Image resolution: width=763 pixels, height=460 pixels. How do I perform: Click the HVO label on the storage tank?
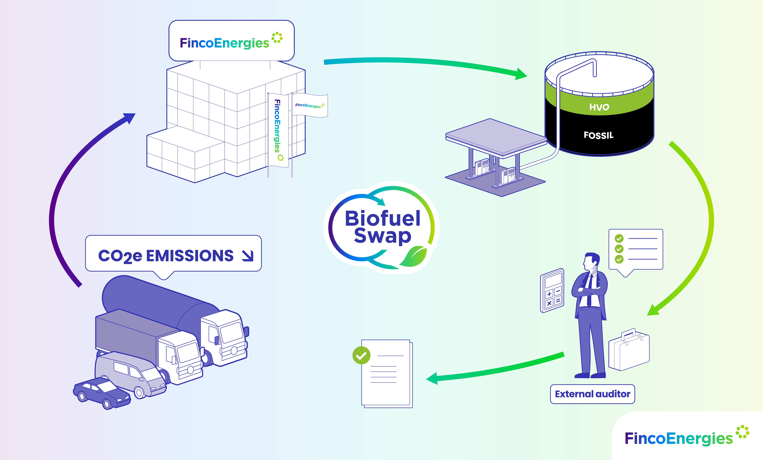pos(599,107)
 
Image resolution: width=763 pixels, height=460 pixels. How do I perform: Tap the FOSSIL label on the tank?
pos(598,135)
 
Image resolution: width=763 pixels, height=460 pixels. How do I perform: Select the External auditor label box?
pos(592,394)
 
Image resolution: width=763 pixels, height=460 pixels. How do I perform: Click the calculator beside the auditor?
pos(552,290)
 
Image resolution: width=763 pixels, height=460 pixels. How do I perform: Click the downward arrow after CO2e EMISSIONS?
pos(248,256)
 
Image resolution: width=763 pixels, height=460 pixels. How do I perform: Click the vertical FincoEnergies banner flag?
pos(278,130)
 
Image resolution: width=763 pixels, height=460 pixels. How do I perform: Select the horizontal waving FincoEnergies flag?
pos(310,105)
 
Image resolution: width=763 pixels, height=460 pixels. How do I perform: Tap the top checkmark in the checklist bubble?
pos(619,238)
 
